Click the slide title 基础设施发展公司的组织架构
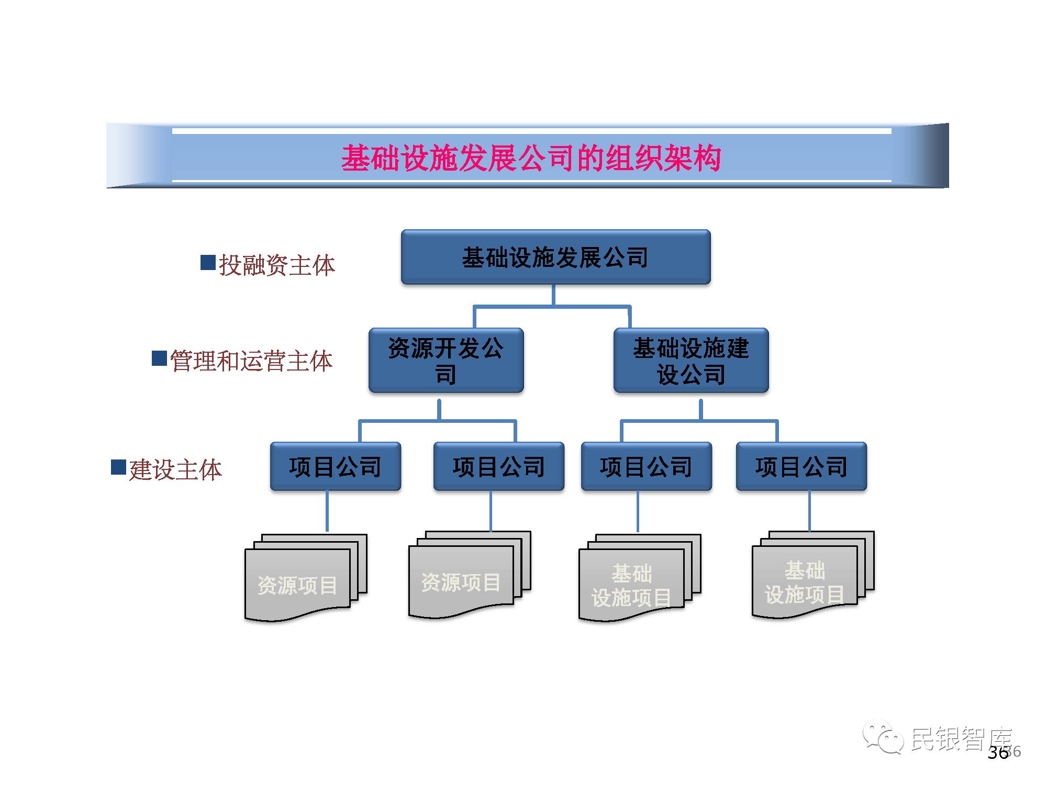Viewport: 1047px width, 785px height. [531, 158]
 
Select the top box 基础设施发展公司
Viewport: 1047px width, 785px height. [555, 257]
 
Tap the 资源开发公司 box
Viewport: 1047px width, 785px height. [446, 361]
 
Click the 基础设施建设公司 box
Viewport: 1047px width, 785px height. [690, 361]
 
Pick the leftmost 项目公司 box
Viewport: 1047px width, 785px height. [335, 466]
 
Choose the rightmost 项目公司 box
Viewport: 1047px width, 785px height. [801, 466]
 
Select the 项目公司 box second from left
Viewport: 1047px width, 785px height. [498, 466]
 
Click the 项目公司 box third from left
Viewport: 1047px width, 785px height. [646, 466]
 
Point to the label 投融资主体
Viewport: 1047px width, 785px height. [276, 265]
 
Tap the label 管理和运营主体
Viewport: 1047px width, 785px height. [251, 361]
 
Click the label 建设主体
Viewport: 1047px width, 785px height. [175, 469]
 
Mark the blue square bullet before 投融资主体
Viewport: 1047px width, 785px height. [208, 262]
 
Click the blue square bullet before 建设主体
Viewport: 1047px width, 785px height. [118, 467]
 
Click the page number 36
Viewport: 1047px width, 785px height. [998, 753]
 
